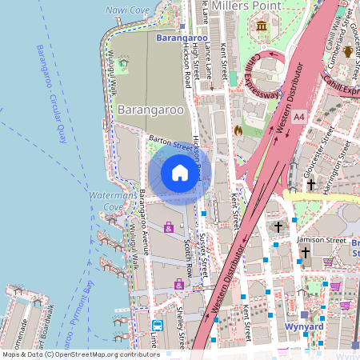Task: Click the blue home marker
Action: [x=179, y=173]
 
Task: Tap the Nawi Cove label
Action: [x=127, y=10]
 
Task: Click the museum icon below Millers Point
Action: [x=262, y=28]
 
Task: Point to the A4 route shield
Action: [x=298, y=117]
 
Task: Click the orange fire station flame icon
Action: [x=237, y=129]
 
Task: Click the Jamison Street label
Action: [x=320, y=240]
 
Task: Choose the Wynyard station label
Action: [x=304, y=326]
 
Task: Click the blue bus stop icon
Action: [x=158, y=326]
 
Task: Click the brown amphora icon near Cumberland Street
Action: [x=348, y=53]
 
